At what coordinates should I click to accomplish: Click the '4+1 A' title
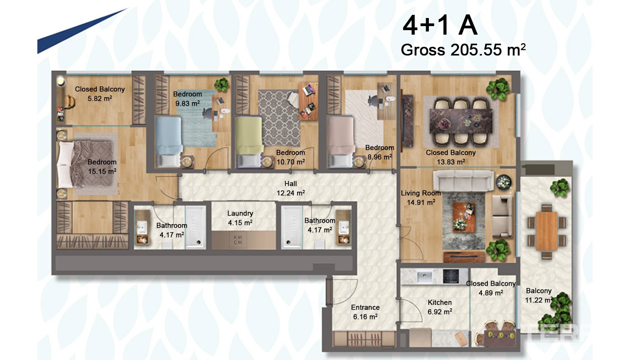point(440,26)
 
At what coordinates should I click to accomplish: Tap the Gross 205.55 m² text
point(463,50)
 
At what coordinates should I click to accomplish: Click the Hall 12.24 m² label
point(291,188)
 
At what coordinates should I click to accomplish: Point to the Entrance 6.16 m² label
point(365,312)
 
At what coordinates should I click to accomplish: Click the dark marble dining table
point(461,121)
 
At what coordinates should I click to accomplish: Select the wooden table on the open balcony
point(546,231)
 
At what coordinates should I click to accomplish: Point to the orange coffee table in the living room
point(464,217)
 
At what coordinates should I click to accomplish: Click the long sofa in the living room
point(463,181)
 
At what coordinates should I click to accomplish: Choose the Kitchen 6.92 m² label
point(440,307)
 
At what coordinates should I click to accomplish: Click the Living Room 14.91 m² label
point(421,198)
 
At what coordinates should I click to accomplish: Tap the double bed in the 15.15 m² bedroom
point(87,165)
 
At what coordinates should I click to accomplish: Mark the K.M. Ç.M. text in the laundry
point(238,240)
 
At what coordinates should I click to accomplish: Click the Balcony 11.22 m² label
point(539,295)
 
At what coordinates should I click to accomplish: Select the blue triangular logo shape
point(73,35)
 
